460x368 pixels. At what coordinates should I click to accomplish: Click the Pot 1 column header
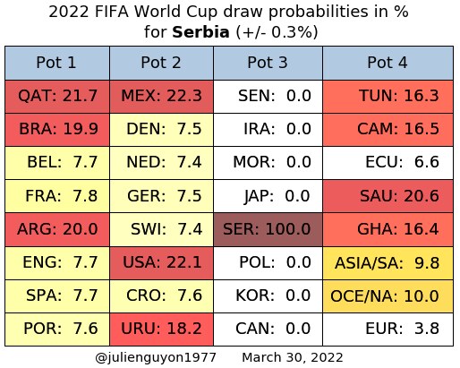click(57, 63)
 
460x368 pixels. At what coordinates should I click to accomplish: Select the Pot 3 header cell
click(268, 63)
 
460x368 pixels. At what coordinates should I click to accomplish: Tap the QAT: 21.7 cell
click(57, 97)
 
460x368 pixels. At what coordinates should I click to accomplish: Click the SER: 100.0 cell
click(268, 229)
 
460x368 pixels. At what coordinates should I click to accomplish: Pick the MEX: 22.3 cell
click(161, 97)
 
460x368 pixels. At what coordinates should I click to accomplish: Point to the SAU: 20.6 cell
click(388, 196)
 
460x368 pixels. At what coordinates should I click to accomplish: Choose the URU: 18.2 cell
click(161, 329)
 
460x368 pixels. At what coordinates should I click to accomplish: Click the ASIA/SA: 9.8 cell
click(388, 263)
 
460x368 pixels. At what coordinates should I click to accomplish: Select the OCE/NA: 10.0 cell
click(388, 296)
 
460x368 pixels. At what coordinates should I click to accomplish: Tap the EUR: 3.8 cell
click(388, 329)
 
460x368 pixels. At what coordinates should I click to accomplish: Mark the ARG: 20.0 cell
click(57, 229)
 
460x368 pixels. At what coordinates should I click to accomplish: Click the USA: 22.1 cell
click(161, 263)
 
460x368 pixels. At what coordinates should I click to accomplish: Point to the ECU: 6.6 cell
click(388, 163)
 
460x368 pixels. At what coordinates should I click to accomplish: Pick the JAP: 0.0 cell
click(268, 196)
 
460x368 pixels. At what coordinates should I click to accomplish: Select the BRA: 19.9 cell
click(57, 130)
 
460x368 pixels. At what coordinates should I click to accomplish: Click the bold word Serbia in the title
click(200, 31)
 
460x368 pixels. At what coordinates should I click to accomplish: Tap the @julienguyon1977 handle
click(156, 357)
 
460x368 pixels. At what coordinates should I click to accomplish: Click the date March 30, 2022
click(293, 357)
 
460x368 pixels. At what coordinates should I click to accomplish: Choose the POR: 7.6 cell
click(57, 329)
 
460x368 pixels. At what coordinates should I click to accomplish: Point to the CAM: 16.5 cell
click(388, 130)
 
